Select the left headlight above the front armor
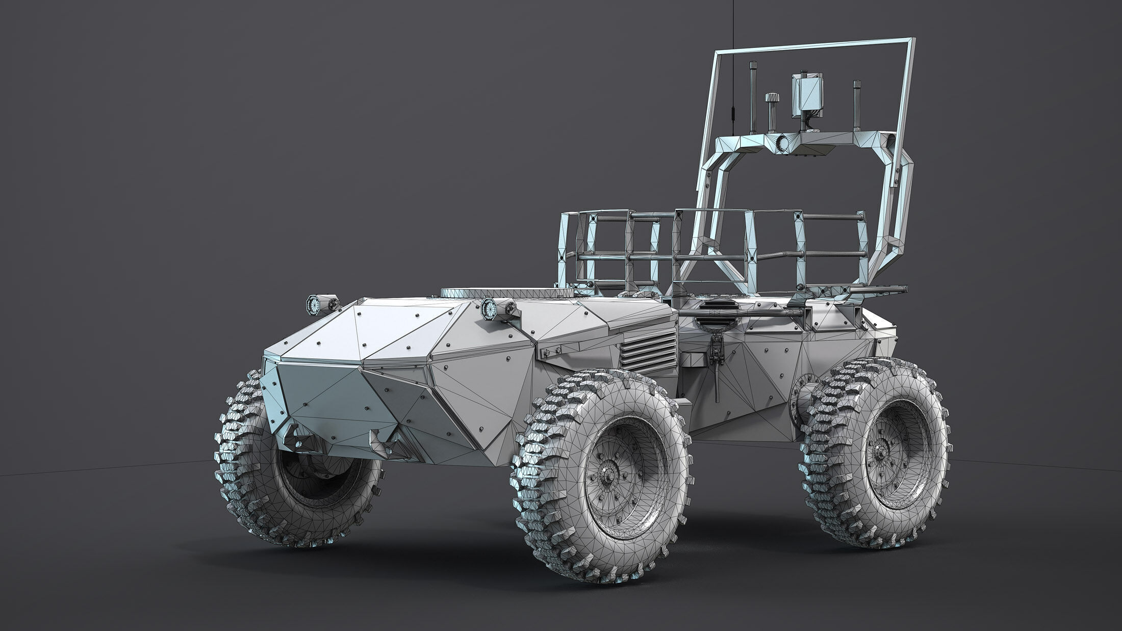[x=312, y=305]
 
